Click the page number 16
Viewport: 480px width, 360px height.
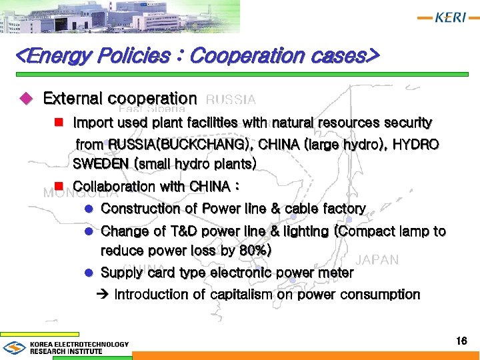461,341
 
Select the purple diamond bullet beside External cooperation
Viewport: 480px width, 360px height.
27,99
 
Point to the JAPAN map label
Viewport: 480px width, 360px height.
377,260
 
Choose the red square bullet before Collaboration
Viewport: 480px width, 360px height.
58,185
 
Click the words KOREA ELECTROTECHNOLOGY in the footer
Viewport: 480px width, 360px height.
79,345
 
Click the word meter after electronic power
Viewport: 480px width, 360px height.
335,273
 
